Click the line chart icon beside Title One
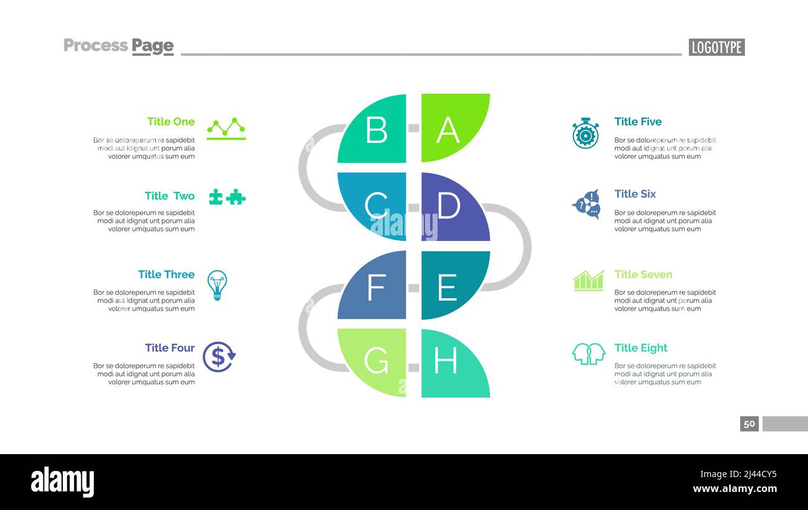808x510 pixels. tap(226, 128)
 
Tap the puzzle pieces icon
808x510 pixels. tap(227, 197)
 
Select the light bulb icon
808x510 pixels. tap(217, 285)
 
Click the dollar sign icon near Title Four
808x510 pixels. tap(219, 357)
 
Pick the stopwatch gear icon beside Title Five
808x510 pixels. tap(585, 134)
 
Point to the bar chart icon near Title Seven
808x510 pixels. tap(588, 281)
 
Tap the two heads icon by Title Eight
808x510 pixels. tap(588, 353)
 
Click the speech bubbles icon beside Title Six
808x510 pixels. tap(586, 204)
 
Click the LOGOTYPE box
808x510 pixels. tap(716, 47)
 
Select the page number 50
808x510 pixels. tap(749, 424)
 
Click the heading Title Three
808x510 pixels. tap(166, 275)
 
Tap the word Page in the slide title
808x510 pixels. tap(152, 45)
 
